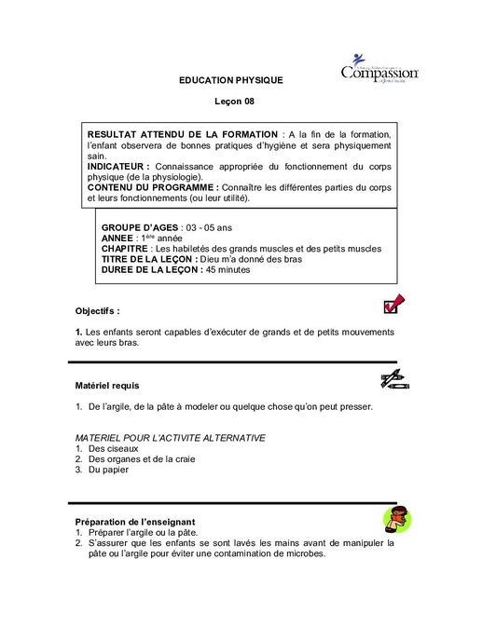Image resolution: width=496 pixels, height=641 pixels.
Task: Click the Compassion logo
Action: [379, 69]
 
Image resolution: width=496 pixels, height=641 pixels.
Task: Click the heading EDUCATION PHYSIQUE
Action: [230, 82]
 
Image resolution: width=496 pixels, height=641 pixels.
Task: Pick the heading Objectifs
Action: [97, 310]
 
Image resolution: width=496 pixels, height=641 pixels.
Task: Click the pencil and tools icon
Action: [393, 378]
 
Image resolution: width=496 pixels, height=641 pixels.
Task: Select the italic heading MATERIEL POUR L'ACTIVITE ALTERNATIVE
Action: [171, 438]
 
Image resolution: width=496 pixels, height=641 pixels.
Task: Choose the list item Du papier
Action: [108, 470]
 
